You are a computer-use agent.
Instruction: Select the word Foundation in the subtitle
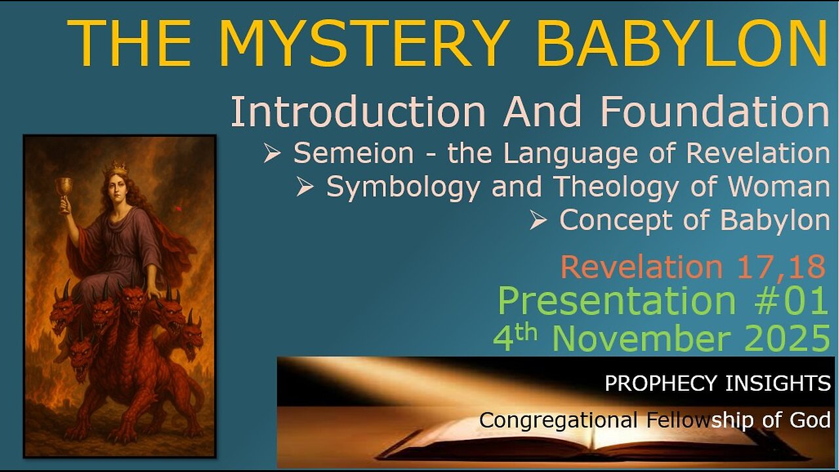coord(715,112)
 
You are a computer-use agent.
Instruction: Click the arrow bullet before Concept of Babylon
coord(538,222)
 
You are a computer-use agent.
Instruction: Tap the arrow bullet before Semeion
coord(272,153)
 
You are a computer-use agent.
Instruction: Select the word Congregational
coord(558,420)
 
